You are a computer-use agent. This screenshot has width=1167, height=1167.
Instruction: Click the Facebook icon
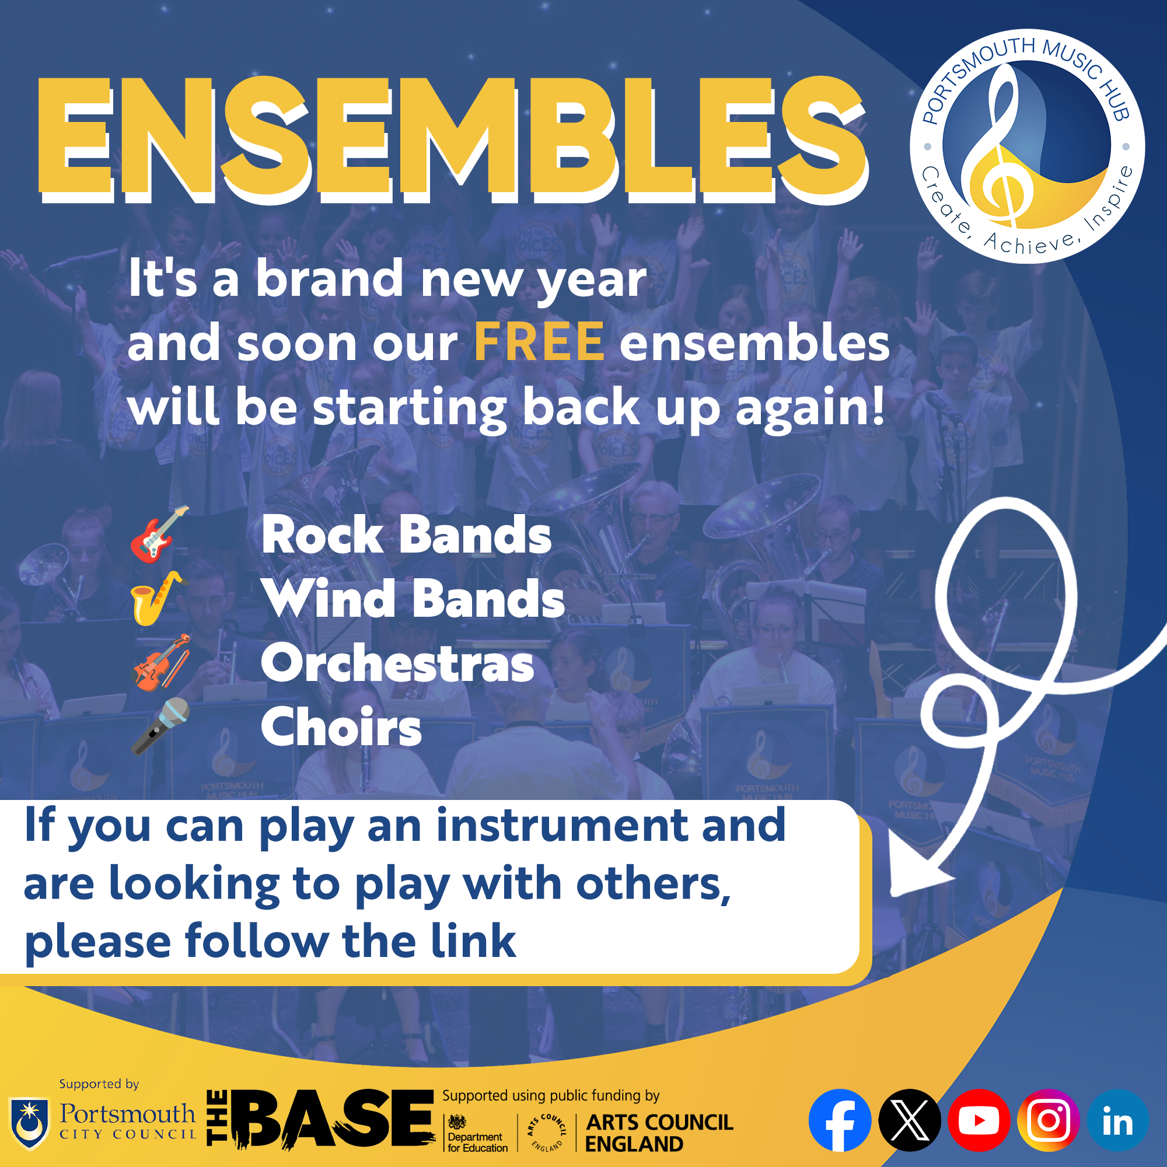[x=840, y=1120]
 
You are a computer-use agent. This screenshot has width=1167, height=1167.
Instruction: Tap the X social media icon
[x=910, y=1120]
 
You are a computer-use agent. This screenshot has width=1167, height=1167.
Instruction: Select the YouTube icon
[x=979, y=1120]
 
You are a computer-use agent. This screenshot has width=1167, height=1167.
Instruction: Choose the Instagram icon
[x=1049, y=1120]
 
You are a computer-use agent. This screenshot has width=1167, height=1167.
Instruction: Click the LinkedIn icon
[x=1118, y=1120]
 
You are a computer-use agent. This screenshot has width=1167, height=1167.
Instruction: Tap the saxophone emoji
[x=157, y=598]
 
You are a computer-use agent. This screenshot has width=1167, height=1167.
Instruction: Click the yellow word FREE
[x=539, y=342]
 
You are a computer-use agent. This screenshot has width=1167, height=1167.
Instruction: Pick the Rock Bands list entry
[x=407, y=535]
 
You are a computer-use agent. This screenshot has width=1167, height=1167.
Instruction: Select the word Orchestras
[x=397, y=663]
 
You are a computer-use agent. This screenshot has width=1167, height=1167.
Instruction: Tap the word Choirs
[x=341, y=727]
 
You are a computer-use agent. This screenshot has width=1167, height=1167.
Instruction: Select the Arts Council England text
[x=659, y=1133]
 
